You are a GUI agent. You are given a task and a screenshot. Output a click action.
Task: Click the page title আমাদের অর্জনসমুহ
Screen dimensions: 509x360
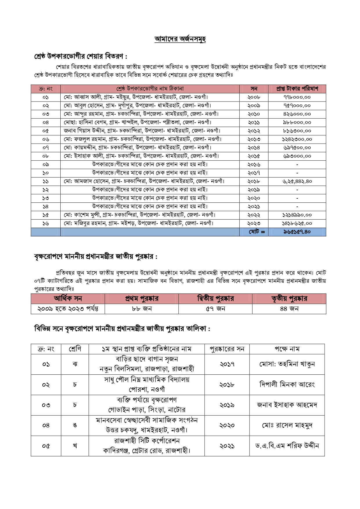tap(180, 39)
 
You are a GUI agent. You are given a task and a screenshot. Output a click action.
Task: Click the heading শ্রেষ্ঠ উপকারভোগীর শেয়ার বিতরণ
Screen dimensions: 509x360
tap(81, 56)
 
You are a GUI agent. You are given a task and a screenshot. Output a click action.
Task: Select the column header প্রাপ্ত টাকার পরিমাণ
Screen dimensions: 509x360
tap(297, 89)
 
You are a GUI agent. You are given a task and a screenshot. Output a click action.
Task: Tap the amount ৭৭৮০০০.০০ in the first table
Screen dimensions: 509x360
tap(297, 97)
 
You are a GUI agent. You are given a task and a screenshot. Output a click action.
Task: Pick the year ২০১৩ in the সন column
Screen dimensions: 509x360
tap(254, 139)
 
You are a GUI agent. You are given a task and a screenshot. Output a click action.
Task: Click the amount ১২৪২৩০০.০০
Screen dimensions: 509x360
tap(297, 139)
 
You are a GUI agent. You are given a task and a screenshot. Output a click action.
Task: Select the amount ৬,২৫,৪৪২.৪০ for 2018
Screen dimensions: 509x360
tap(297, 181)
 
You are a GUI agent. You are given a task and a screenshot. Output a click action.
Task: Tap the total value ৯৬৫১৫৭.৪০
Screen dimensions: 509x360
tap(297, 232)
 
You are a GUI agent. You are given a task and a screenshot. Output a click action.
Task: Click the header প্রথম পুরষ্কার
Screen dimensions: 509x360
tap(142, 298)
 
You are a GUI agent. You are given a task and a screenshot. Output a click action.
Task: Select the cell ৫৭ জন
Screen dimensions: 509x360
tap(215, 309)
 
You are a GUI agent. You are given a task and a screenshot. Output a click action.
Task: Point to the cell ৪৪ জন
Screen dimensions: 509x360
tap(289, 309)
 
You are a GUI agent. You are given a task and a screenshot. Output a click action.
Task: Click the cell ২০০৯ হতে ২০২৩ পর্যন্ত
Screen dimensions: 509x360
tap(68, 309)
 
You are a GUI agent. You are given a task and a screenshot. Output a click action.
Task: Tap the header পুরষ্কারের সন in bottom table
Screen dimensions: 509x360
tap(227, 349)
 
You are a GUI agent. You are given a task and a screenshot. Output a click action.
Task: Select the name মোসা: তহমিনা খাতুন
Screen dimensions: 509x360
tap(287, 364)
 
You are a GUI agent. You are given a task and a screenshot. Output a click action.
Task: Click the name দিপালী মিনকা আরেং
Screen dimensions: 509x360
tap(287, 385)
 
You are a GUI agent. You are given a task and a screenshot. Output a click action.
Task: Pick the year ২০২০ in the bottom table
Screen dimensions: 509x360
tap(227, 425)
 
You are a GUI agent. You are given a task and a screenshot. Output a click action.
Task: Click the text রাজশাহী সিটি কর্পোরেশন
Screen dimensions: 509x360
tap(147, 441)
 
